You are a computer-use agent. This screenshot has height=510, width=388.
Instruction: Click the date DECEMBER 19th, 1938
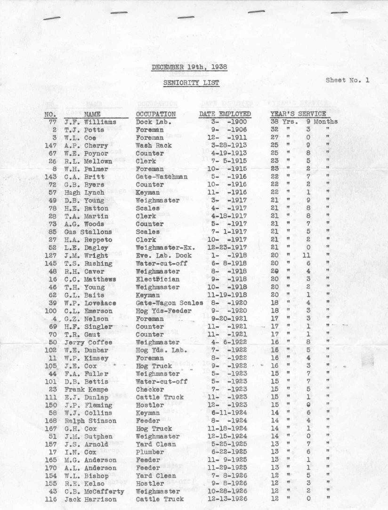[189, 67]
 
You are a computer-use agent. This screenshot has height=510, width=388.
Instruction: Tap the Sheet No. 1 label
[348, 80]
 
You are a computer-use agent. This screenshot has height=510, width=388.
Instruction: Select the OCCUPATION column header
[155, 114]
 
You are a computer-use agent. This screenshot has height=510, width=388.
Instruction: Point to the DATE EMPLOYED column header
[225, 114]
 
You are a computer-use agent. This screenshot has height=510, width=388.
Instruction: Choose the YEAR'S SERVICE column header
[298, 114]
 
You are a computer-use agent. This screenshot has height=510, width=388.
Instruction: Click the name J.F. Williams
[90, 122]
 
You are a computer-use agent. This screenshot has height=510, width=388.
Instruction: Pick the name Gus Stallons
[88, 232]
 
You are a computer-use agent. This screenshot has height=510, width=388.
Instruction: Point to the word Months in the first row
[326, 122]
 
